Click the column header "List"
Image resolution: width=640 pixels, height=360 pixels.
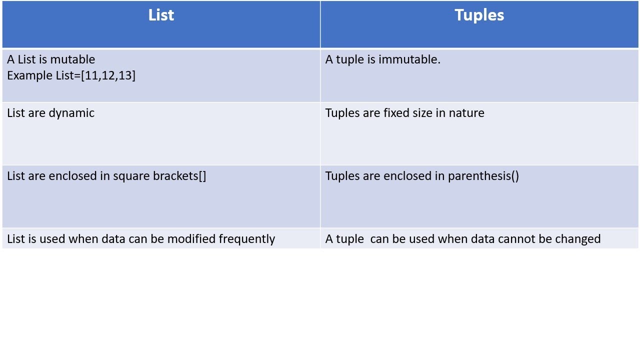pyautogui.click(x=161, y=15)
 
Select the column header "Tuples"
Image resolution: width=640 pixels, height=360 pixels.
pyautogui.click(x=479, y=15)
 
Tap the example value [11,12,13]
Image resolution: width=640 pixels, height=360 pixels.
pyautogui.click(x=108, y=75)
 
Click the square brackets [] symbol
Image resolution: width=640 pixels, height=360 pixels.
pyautogui.click(x=202, y=176)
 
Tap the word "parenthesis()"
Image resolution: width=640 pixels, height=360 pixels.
pyautogui.click(x=483, y=176)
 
